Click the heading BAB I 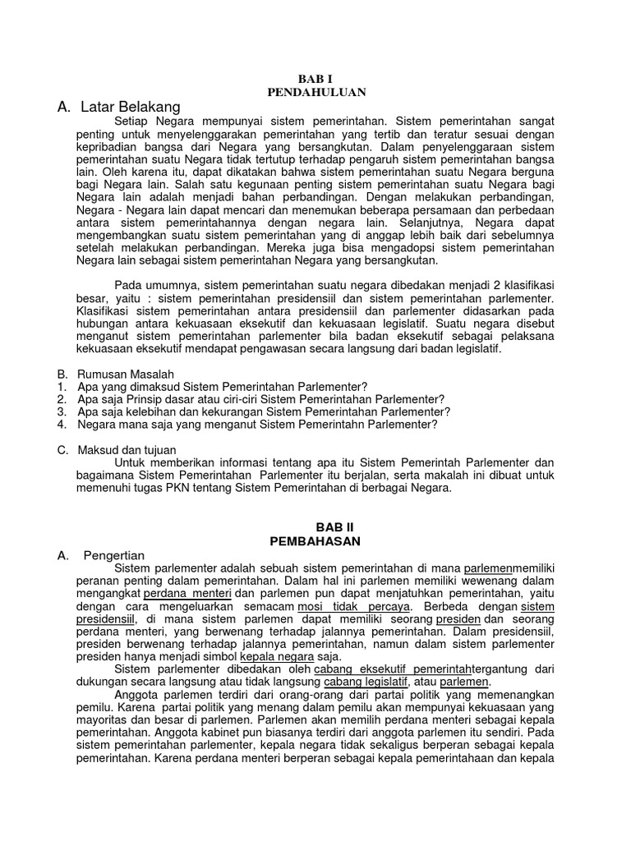tap(316, 80)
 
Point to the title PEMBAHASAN tap(316, 541)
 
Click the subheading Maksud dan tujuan tap(119, 449)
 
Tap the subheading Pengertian tap(114, 556)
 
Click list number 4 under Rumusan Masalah tap(62, 425)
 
